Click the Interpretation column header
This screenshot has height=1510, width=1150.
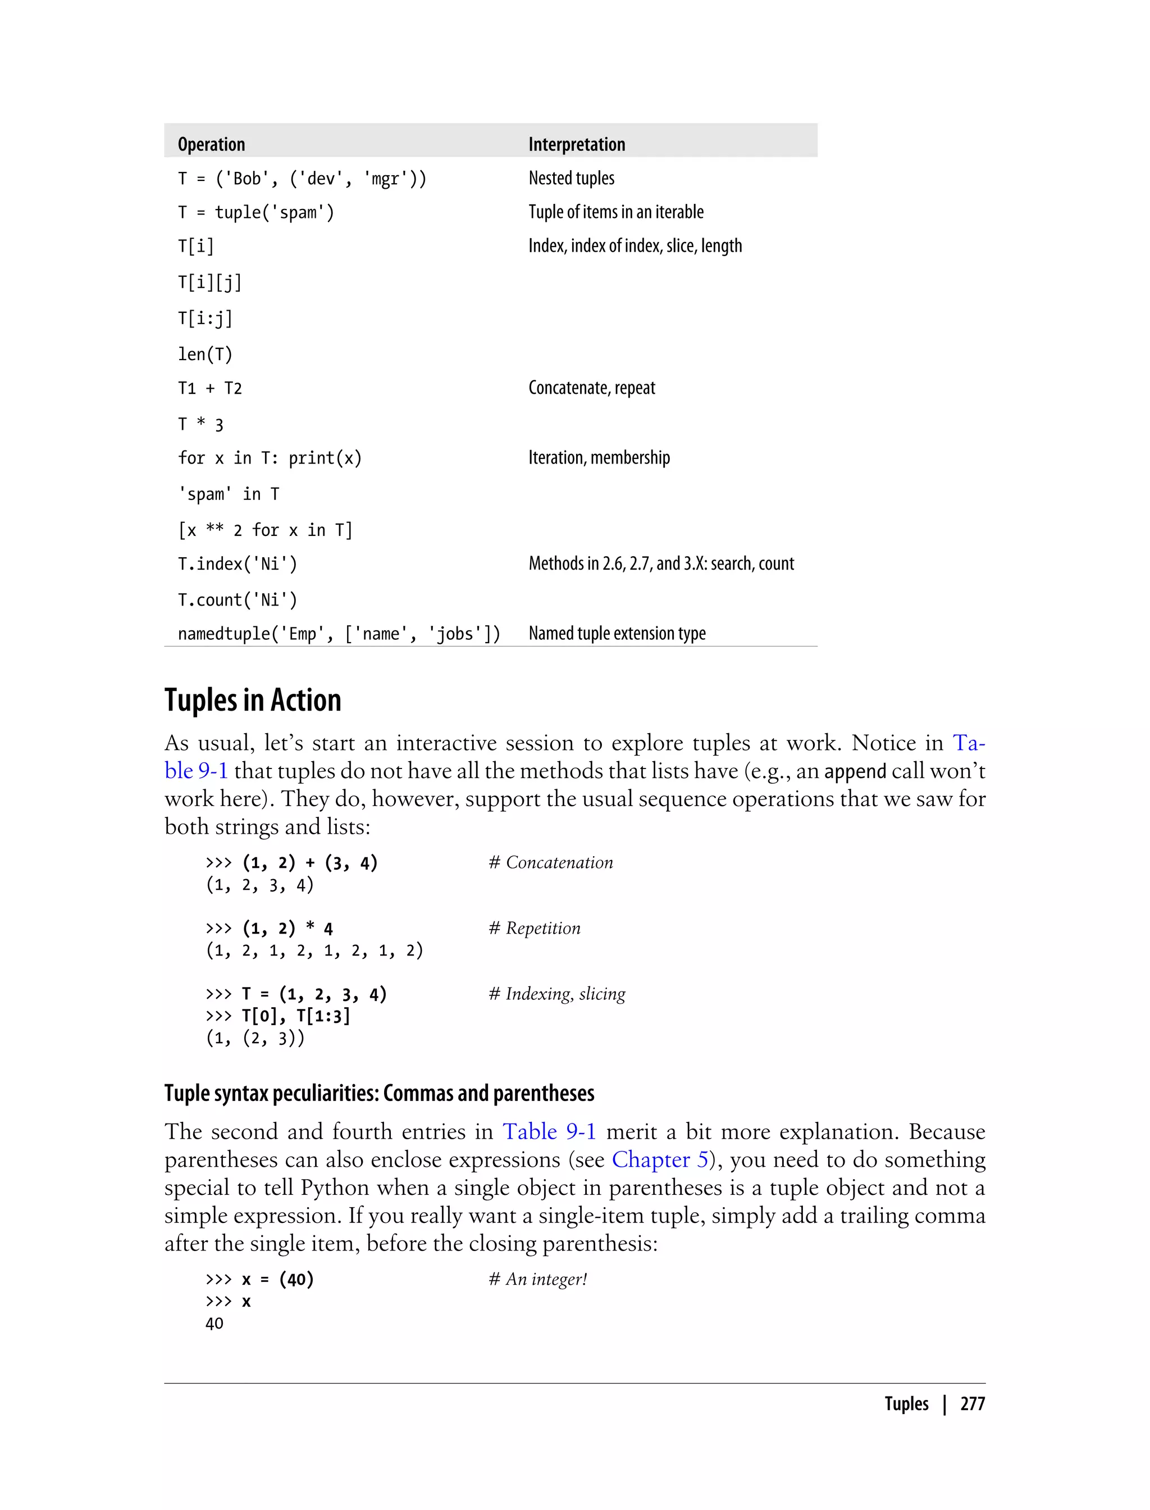(x=576, y=144)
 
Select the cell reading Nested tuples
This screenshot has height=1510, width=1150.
(x=571, y=178)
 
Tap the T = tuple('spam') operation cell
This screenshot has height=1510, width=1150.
(x=256, y=212)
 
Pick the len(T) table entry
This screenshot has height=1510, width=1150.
(x=206, y=354)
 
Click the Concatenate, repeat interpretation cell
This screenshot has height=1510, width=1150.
(x=591, y=388)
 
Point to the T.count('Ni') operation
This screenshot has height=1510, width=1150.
(x=238, y=600)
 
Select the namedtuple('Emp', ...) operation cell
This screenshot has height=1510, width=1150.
(x=339, y=634)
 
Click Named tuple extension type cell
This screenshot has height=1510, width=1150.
(x=616, y=634)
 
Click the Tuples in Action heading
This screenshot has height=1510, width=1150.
(x=253, y=700)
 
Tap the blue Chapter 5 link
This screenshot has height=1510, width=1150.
(x=659, y=1159)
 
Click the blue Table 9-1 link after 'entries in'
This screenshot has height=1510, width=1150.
(x=549, y=1131)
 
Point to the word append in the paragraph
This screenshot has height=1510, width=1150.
(x=855, y=772)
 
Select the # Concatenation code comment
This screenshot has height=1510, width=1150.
(x=550, y=863)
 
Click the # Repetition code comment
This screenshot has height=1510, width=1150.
(x=534, y=929)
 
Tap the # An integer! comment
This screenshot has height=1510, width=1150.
(x=537, y=1279)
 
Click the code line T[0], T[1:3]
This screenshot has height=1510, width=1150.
(x=296, y=1016)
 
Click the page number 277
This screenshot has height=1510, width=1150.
(x=972, y=1403)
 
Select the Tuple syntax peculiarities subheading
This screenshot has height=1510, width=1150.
(x=379, y=1093)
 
